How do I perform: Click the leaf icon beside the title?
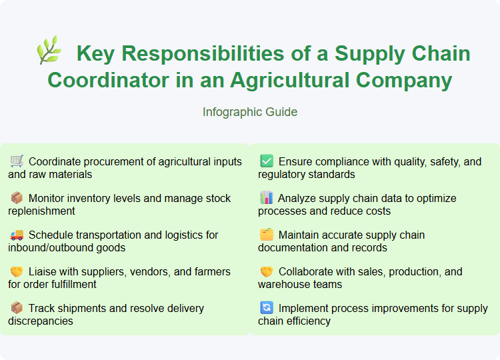click(49, 51)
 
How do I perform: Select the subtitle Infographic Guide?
click(250, 112)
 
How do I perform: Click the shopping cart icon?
click(17, 161)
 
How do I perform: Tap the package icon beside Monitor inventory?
click(17, 197)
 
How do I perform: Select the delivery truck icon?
click(17, 234)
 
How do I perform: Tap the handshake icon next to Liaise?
click(17, 271)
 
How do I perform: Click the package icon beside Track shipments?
click(17, 307)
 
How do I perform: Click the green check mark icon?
click(266, 161)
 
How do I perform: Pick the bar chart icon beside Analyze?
click(266, 197)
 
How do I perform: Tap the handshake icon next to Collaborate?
click(266, 271)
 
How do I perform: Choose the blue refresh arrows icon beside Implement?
click(266, 307)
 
